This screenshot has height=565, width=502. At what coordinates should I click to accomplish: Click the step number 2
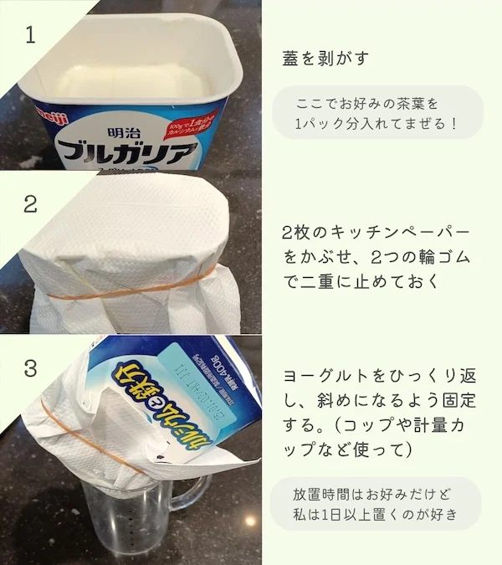pyautogui.click(x=31, y=203)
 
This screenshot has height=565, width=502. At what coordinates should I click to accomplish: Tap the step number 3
pyautogui.click(x=31, y=367)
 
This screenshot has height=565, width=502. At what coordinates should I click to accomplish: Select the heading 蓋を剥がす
pyautogui.click(x=326, y=59)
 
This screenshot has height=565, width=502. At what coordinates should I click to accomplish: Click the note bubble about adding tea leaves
pyautogui.click(x=376, y=113)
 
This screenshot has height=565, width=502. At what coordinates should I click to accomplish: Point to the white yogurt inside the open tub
pyautogui.click(x=125, y=80)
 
